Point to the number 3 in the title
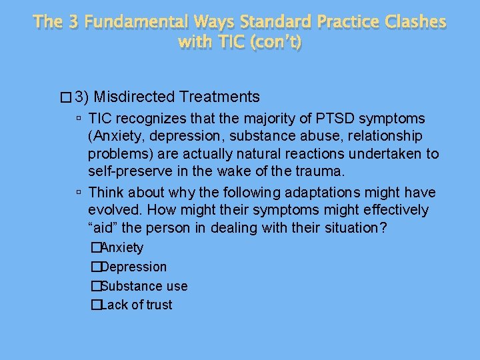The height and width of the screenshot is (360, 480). click(x=74, y=21)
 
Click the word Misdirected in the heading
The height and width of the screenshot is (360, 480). click(x=141, y=97)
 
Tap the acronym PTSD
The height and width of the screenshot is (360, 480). click(x=341, y=119)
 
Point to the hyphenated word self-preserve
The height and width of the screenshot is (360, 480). click(x=131, y=171)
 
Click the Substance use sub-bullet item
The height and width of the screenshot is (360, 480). click(x=143, y=286)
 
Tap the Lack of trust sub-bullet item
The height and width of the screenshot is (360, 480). click(x=136, y=305)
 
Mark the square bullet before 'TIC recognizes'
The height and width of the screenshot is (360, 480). click(x=79, y=119)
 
